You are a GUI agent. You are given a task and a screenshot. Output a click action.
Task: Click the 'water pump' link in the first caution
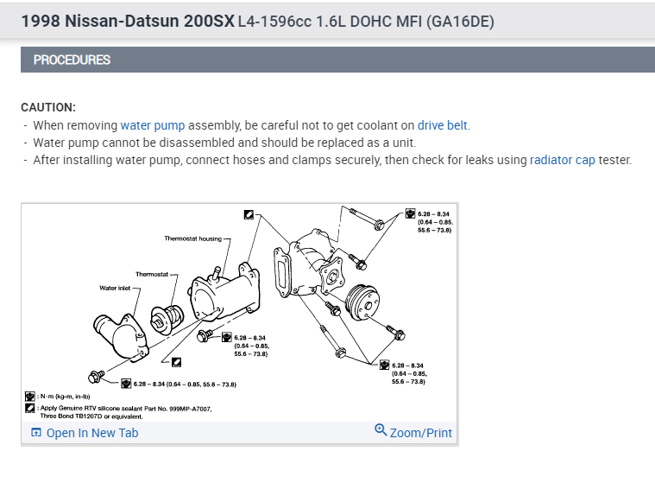(153, 125)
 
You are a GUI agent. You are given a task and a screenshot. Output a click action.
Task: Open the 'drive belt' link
(443, 125)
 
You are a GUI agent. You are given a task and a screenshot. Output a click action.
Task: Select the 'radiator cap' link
(562, 160)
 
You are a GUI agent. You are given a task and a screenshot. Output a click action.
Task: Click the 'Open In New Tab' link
(91, 433)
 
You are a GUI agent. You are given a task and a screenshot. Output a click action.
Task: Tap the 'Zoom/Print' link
(420, 433)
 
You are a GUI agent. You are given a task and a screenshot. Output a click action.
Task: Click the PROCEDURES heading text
(72, 60)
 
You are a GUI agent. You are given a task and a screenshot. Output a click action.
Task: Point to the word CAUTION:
(48, 107)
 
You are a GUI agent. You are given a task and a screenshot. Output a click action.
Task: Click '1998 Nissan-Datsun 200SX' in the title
(128, 20)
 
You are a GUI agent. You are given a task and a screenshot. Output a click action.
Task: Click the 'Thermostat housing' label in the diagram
(192, 238)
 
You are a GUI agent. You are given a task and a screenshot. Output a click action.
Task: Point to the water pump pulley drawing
(363, 304)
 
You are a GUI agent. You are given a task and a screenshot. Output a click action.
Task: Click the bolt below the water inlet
(96, 376)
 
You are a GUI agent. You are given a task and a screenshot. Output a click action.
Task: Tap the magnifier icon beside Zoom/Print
(381, 430)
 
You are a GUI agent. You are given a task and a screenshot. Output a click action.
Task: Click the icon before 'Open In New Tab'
(36, 433)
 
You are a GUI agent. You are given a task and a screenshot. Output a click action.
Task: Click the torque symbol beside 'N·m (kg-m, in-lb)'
(30, 396)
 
